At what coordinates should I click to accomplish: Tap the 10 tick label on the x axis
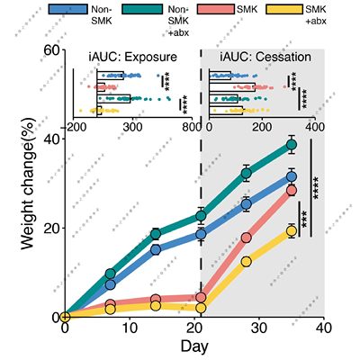pyautogui.click(x=129, y=329)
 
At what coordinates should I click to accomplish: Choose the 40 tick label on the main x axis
pyautogui.click(x=323, y=329)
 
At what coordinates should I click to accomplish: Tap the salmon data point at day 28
pyautogui.click(x=246, y=238)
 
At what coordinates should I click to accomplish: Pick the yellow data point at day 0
pyautogui.click(x=65, y=317)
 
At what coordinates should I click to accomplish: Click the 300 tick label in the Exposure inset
pyautogui.click(x=133, y=127)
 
